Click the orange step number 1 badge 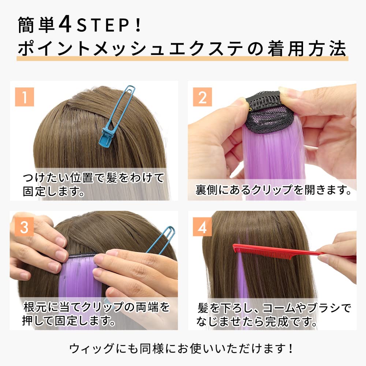[24, 97]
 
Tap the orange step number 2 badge [202, 97]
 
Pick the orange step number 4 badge [202, 227]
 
